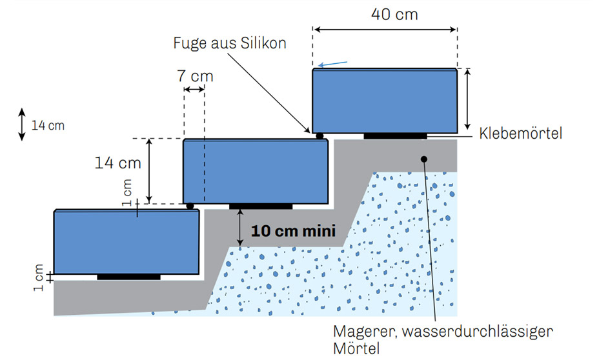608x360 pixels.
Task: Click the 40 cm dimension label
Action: coord(394,15)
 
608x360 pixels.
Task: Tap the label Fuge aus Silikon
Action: coord(230,43)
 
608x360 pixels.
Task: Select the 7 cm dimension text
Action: coord(195,76)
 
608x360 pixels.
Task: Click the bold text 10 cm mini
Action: coord(293,231)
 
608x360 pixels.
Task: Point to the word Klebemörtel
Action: coord(520,134)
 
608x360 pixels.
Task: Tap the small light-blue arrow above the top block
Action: coord(332,64)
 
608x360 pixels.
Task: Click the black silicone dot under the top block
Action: coord(319,136)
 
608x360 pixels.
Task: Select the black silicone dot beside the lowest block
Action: coord(190,206)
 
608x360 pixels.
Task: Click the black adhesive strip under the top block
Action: coord(395,136)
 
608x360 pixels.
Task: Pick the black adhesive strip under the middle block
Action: coord(261,206)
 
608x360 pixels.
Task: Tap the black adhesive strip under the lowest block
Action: coord(128,277)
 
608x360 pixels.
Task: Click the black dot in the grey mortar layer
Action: coord(424,159)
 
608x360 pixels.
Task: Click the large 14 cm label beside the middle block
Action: coord(118,163)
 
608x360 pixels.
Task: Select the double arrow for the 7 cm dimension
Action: coord(194,90)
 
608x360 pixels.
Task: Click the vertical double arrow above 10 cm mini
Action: coord(240,228)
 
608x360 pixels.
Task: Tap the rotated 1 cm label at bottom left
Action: coord(38,277)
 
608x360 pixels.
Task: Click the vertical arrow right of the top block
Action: coord(468,99)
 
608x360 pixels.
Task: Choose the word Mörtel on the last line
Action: coord(356,349)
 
